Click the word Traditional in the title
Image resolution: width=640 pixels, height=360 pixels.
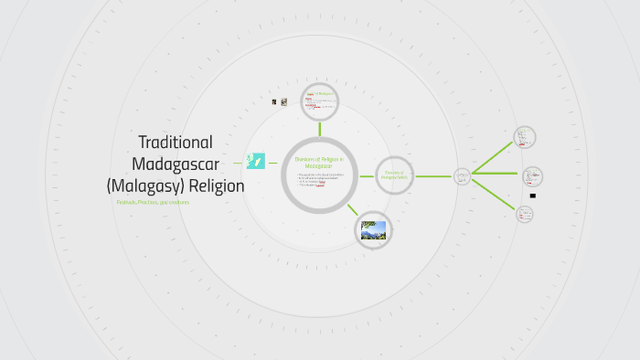176,143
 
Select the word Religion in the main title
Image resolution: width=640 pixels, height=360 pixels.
216,185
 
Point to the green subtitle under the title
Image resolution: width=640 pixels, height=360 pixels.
153,202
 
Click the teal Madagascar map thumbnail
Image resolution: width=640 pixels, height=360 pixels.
256,161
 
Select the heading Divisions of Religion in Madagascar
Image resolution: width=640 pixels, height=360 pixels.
318,162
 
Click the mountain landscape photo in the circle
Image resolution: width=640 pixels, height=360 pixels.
373,229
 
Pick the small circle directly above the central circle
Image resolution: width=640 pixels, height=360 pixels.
320,101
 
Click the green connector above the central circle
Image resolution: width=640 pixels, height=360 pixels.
319,129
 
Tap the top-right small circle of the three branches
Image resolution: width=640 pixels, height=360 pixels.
524,137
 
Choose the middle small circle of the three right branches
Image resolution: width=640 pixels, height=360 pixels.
532,175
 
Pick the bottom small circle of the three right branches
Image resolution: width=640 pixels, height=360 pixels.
524,214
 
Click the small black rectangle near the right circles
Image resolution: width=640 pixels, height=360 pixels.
532,196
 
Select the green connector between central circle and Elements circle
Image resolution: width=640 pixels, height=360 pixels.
366,175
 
